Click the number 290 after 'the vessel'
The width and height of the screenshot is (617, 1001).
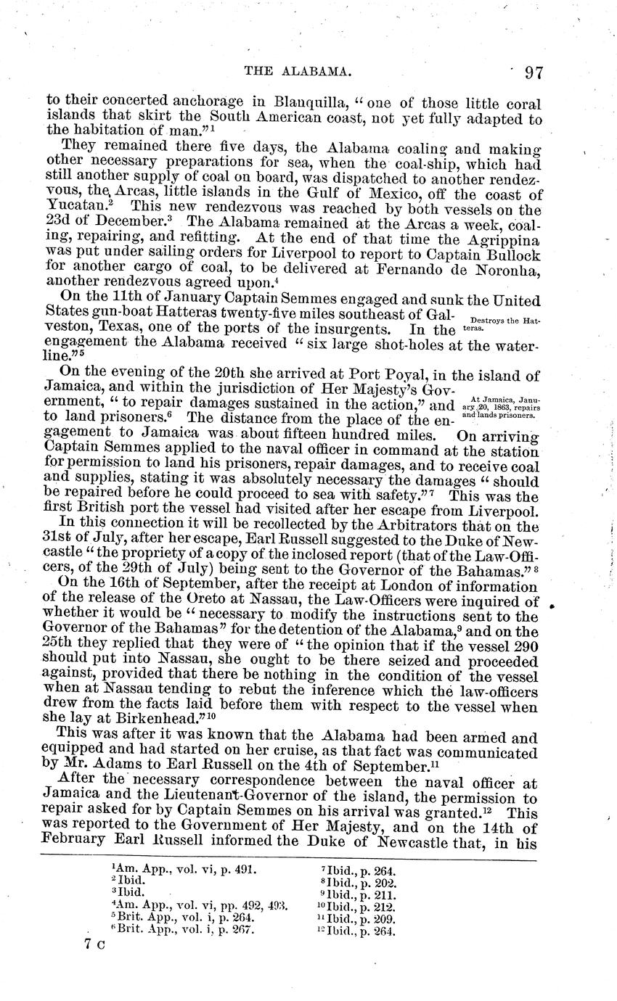522,643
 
